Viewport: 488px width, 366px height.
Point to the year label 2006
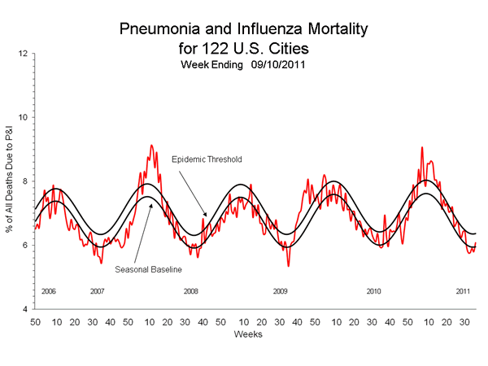pyautogui.click(x=47, y=291)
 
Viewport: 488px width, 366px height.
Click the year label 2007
pyautogui.click(x=98, y=291)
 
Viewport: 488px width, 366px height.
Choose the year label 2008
pyautogui.click(x=191, y=291)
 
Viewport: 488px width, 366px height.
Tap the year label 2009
pyautogui.click(x=280, y=291)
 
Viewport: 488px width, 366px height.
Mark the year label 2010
pyautogui.click(x=373, y=291)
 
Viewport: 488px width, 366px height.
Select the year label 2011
pyautogui.click(x=463, y=291)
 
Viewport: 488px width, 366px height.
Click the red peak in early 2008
pyautogui.click(x=151, y=146)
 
